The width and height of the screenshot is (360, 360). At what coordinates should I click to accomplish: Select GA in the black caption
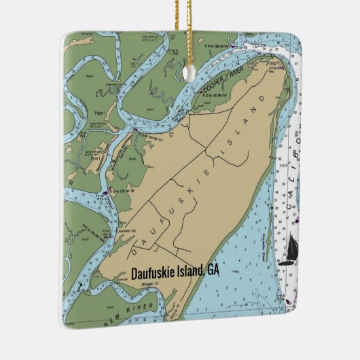coord(213,270)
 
